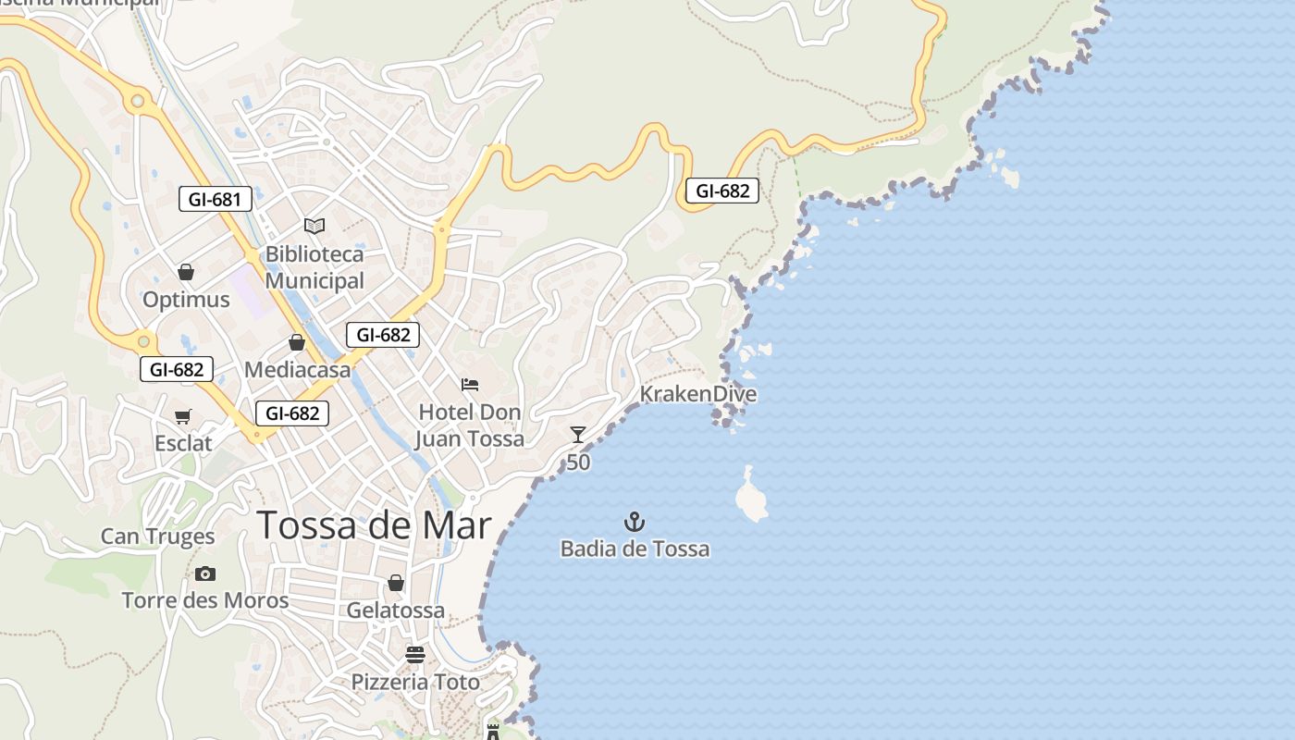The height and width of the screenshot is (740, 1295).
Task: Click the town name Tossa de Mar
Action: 374,525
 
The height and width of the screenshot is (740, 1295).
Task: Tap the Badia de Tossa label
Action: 635,549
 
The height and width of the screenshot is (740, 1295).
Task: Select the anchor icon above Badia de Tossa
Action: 635,522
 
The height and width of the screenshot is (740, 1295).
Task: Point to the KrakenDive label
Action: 698,394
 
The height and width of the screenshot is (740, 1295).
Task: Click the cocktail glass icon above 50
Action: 578,435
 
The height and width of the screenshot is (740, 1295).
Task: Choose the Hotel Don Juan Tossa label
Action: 470,425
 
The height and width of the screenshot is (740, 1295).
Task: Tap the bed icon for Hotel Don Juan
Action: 470,385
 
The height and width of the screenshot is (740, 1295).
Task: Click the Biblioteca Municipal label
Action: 314,267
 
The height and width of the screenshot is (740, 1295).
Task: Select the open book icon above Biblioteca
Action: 314,226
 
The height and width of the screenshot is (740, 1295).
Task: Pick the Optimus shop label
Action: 186,300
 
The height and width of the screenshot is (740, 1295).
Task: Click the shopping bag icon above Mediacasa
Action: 297,343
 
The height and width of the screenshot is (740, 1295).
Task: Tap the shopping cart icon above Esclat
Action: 183,417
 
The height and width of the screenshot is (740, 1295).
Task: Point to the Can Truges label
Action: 157,536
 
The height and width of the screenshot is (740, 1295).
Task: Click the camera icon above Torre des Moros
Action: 205,574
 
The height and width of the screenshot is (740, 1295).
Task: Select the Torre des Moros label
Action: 205,601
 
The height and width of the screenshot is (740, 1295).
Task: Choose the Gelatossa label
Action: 396,610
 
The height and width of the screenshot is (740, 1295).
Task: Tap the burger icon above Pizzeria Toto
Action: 415,655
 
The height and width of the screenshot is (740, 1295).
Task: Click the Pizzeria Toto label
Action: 415,683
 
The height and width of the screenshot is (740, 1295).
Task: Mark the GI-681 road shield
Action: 216,199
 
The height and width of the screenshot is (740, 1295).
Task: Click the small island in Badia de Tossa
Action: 751,496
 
